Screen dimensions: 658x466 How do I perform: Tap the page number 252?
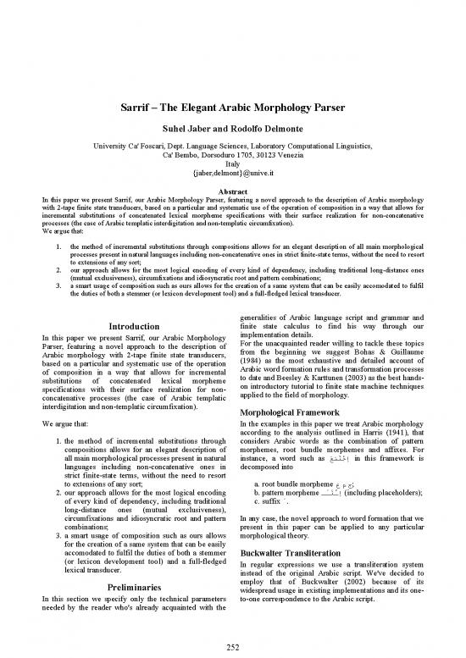[232, 646]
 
